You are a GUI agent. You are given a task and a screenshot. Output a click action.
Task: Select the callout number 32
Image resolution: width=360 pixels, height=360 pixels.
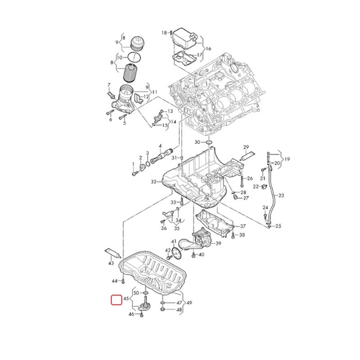pos(153,182)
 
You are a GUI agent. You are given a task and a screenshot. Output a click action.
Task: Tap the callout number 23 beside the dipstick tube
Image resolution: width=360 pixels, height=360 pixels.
pos(281,195)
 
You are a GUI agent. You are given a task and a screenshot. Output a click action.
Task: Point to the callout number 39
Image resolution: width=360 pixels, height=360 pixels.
pos(218,243)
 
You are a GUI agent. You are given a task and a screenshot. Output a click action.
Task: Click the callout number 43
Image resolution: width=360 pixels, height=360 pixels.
pos(111,262)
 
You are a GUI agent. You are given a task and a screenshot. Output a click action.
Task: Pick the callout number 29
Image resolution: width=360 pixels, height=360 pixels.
pos(246,148)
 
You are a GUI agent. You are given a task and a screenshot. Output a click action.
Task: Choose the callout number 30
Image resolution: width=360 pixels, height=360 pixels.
pos(197,142)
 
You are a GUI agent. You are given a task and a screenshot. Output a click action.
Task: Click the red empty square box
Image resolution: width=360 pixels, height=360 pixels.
pos(116,300)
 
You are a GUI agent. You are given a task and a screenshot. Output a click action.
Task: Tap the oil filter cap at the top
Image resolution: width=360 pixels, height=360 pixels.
pos(138,44)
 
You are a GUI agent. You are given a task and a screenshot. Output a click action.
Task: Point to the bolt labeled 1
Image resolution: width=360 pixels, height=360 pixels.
pos(133,172)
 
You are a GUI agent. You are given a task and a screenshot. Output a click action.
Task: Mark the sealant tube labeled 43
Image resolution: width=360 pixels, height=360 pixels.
pos(113,252)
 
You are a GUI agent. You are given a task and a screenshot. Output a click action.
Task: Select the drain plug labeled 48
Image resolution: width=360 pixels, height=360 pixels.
pos(162,310)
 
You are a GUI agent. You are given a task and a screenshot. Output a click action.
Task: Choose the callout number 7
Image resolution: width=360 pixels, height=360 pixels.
pos(108,85)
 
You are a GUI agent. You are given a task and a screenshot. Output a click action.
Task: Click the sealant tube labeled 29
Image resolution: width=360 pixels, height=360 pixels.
pos(248,156)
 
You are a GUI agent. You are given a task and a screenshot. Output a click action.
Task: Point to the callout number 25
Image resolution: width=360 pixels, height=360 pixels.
pos(278,226)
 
